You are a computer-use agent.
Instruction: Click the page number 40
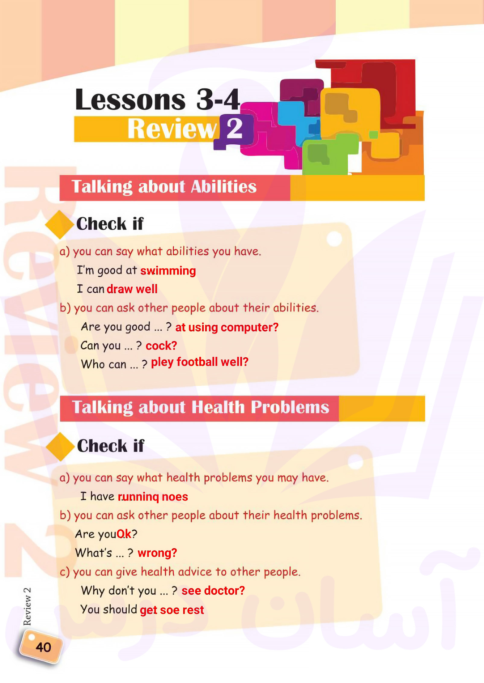(x=43, y=647)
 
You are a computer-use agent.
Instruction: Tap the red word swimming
(x=168, y=271)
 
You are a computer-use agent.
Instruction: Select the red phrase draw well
(x=132, y=289)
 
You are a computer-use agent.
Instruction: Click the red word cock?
(x=161, y=346)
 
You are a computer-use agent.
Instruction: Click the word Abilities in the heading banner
(x=223, y=187)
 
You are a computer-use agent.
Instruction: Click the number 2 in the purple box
(x=235, y=128)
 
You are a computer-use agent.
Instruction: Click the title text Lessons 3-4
(x=157, y=100)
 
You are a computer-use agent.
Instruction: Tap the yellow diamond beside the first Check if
(x=59, y=225)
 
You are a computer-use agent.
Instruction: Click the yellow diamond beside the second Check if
(x=60, y=447)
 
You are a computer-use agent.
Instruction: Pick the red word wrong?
(x=157, y=553)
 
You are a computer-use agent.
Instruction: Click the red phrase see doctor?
(x=213, y=590)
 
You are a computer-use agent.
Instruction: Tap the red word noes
(x=175, y=497)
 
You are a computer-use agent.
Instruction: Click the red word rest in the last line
(x=193, y=610)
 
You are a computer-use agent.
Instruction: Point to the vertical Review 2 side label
(x=27, y=606)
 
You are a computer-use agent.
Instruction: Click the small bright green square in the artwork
(x=374, y=135)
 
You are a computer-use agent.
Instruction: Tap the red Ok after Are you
(x=124, y=534)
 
